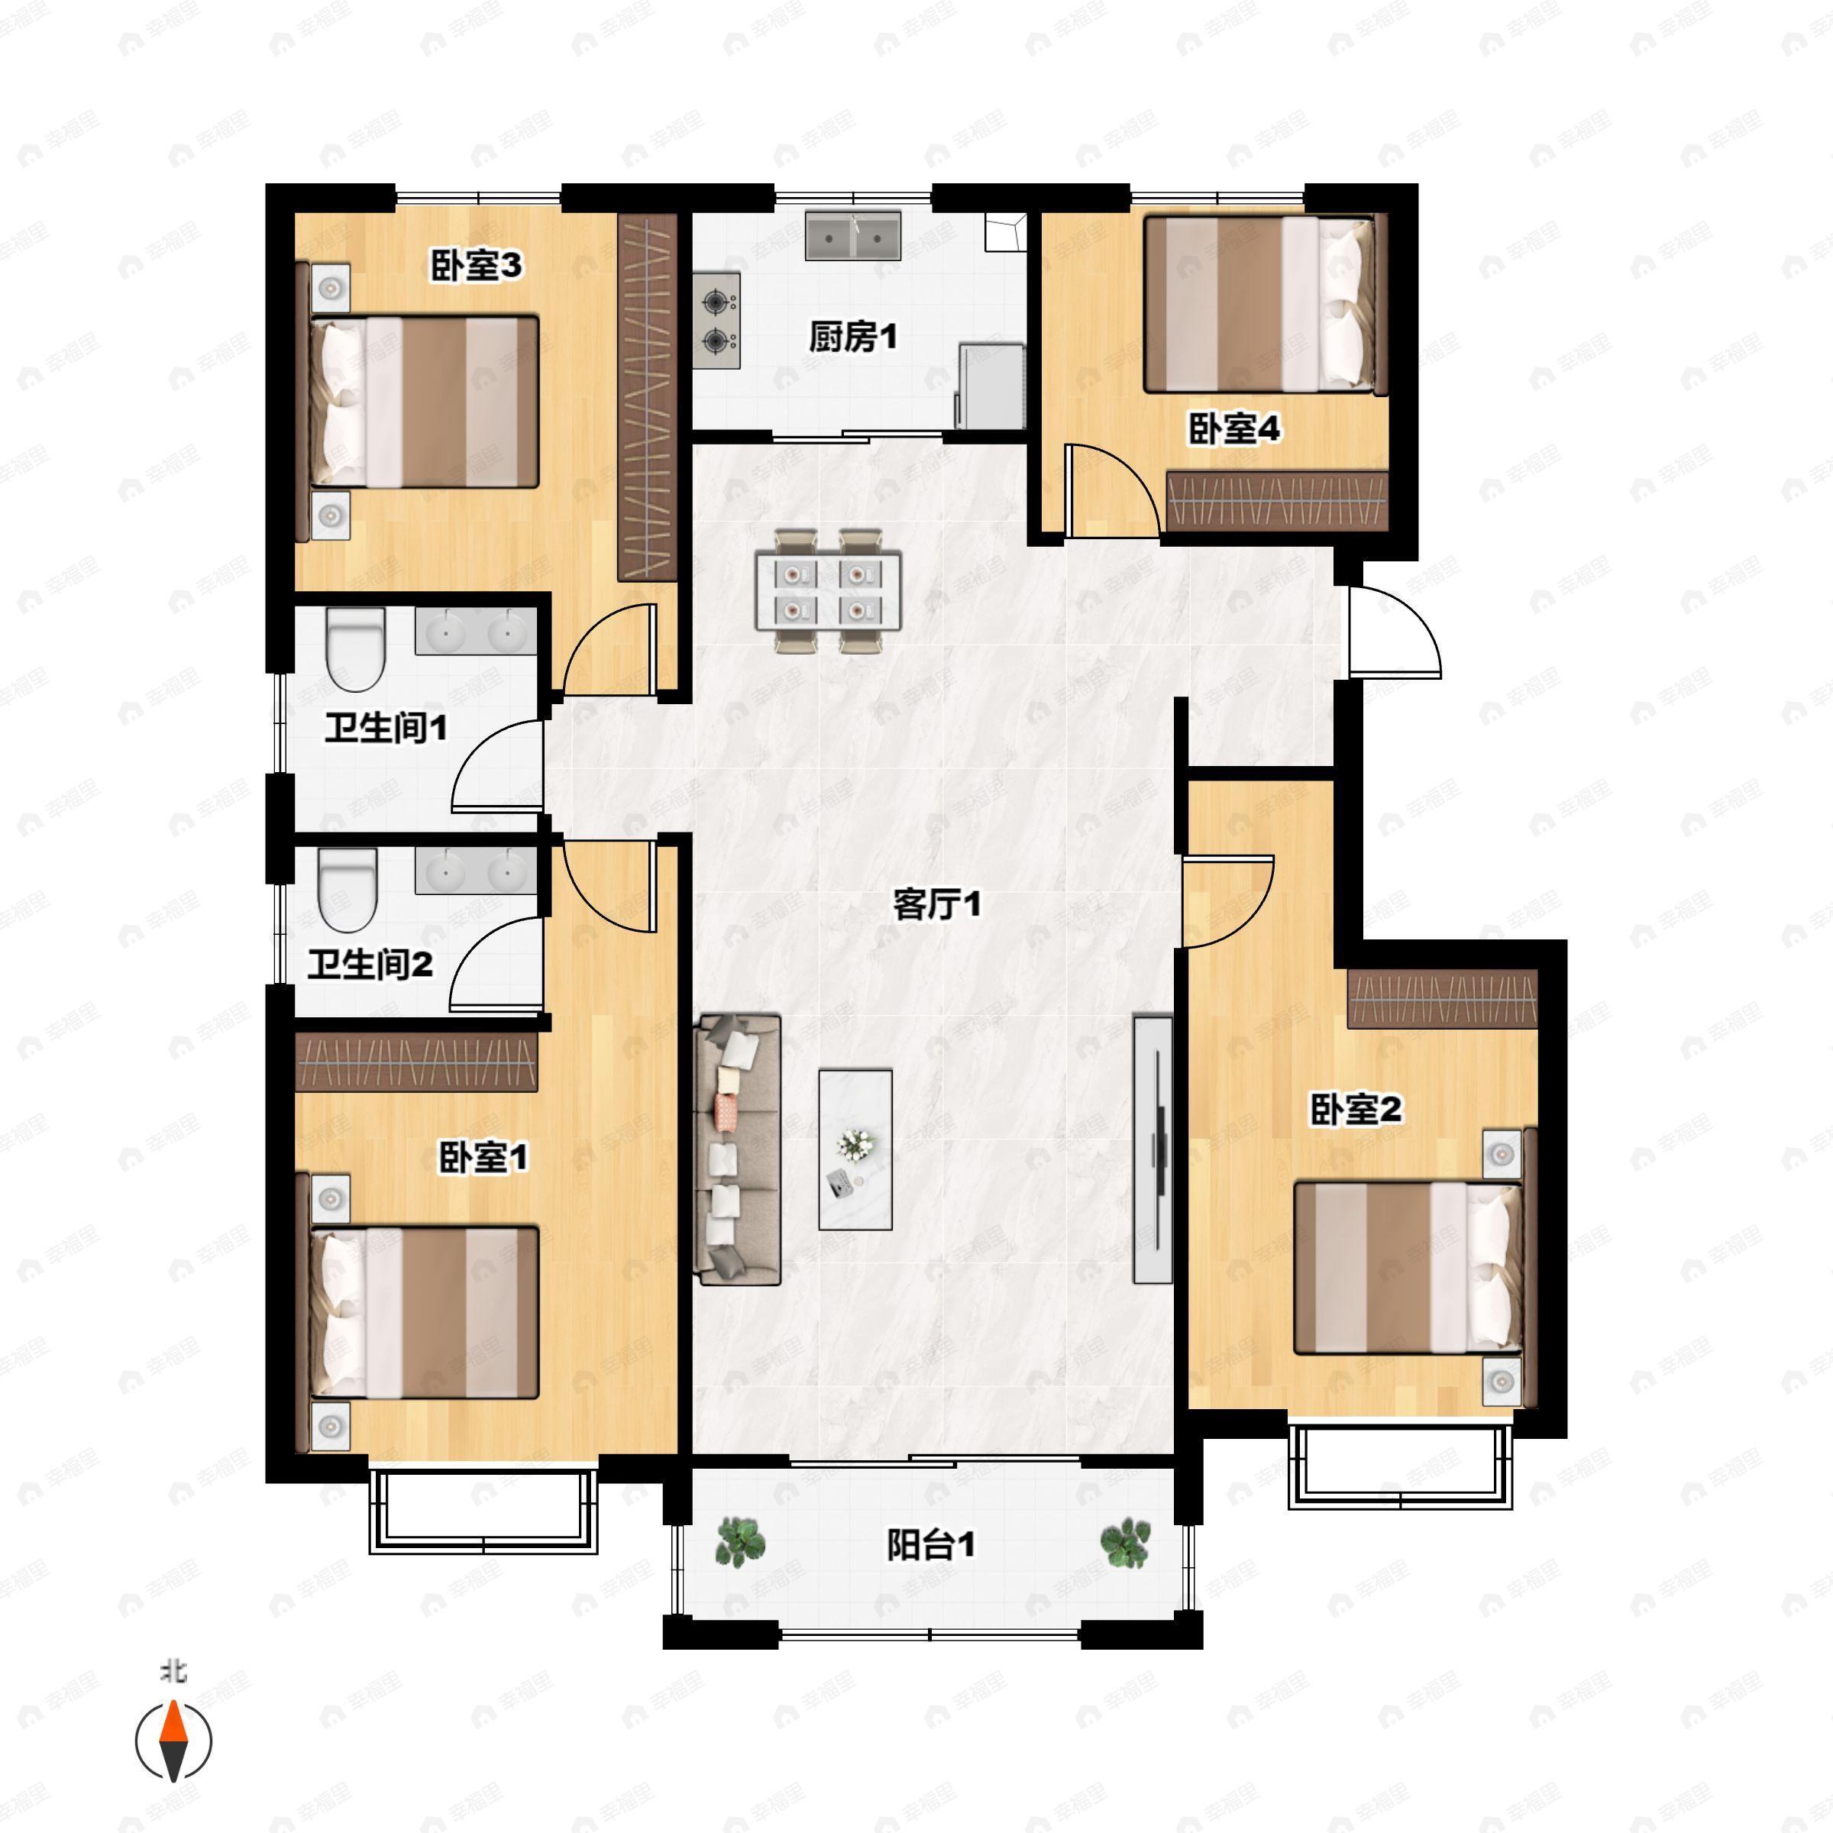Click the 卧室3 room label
pyautogui.click(x=477, y=266)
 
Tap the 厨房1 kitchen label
pyautogui.click(x=853, y=336)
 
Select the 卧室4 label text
pyautogui.click(x=1234, y=428)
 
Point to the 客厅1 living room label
pyautogui.click(x=936, y=904)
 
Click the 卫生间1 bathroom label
pyautogui.click(x=385, y=729)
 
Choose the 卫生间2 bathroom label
pyautogui.click(x=370, y=965)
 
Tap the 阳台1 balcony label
pyautogui.click(x=931, y=1546)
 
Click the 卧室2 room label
pyautogui.click(x=1356, y=1109)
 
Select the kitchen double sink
pyautogui.click(x=854, y=236)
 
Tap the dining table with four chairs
pyautogui.click(x=828, y=591)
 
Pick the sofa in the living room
pyautogui.click(x=738, y=1149)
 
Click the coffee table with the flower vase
pyautogui.click(x=855, y=1149)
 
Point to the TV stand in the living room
pyautogui.click(x=1152, y=1149)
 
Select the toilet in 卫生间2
pyautogui.click(x=348, y=889)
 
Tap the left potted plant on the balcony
pyautogui.click(x=739, y=1542)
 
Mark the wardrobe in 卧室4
pyautogui.click(x=1277, y=500)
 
